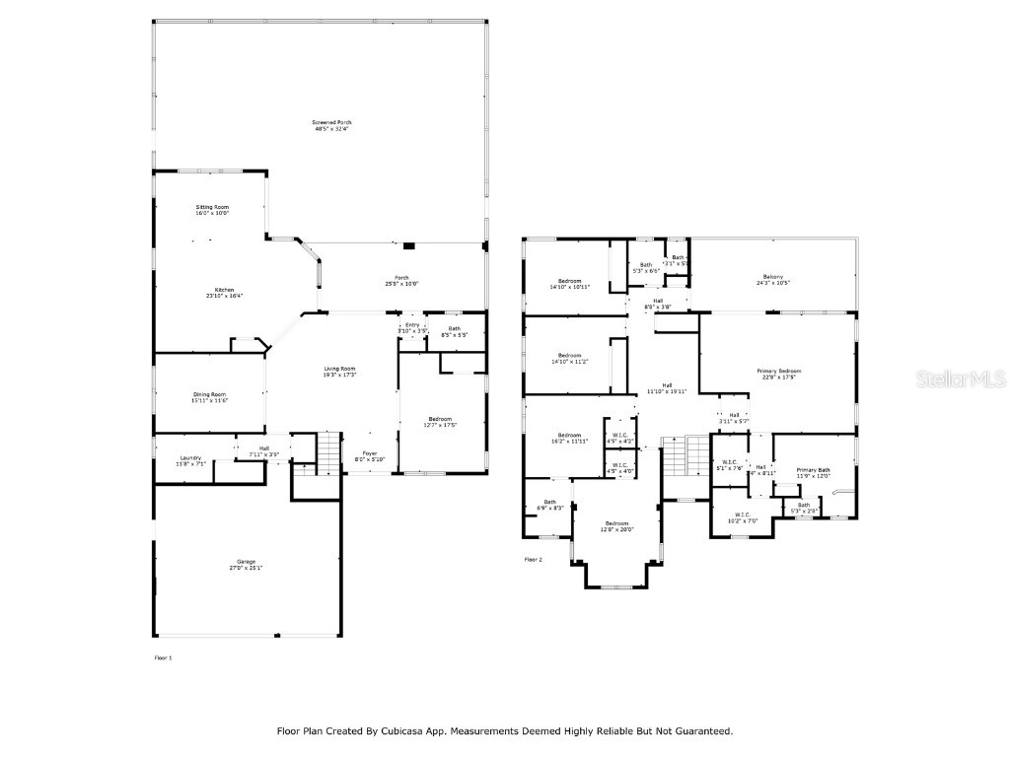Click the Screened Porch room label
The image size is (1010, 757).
331,122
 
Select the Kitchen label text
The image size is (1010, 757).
225,290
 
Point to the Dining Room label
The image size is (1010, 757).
209,395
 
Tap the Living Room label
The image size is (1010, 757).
339,369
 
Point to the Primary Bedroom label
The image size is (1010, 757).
777,372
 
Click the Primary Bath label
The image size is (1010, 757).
814,470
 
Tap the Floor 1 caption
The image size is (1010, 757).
163,656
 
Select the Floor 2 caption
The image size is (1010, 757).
534,559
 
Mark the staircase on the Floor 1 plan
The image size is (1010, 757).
328,452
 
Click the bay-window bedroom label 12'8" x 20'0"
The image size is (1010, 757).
616,529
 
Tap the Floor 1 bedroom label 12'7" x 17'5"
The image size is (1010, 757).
441,425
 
